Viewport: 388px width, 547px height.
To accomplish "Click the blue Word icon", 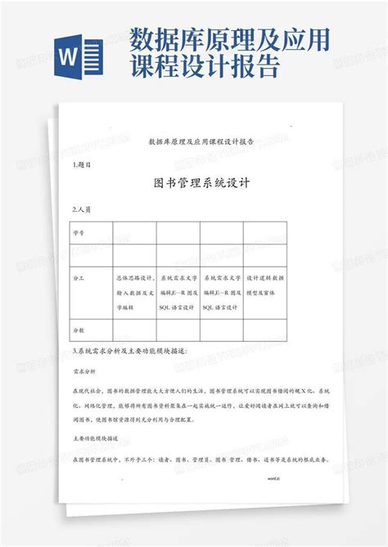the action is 79,56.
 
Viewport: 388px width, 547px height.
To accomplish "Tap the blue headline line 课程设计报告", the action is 204,66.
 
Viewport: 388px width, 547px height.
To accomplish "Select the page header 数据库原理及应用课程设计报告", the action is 200,141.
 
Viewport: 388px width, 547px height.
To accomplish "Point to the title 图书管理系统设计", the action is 202,184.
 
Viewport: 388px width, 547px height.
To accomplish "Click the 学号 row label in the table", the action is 79,232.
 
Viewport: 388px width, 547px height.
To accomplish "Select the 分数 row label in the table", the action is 79,330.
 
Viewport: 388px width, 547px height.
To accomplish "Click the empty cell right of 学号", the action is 133,232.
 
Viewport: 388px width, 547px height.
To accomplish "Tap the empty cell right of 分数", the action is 133,330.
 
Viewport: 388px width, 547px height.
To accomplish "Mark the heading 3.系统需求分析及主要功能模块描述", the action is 129,351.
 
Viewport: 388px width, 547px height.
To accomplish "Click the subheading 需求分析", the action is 84,370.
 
